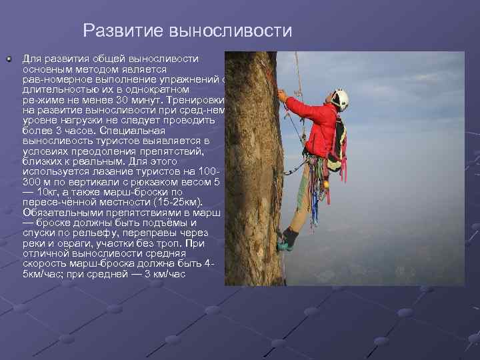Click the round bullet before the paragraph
[9, 60]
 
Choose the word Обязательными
[57, 213]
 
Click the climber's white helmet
[341, 100]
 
